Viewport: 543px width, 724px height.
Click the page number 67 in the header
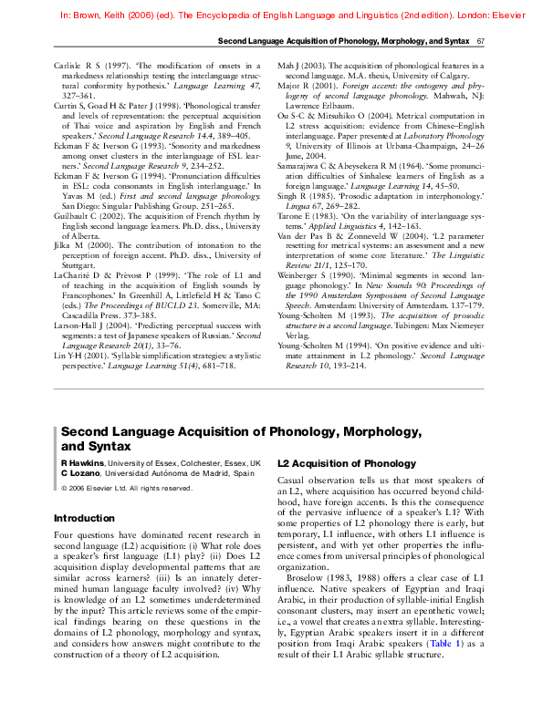(480, 42)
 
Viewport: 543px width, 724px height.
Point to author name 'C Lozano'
(80, 473)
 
